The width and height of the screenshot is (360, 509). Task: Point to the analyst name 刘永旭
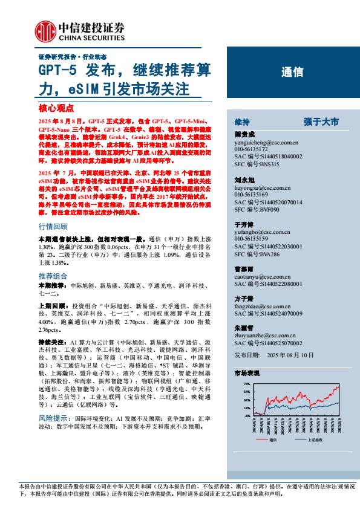[244, 180]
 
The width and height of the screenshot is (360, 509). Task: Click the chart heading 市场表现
[246, 375]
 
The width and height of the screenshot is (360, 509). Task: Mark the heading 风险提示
[53, 418]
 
